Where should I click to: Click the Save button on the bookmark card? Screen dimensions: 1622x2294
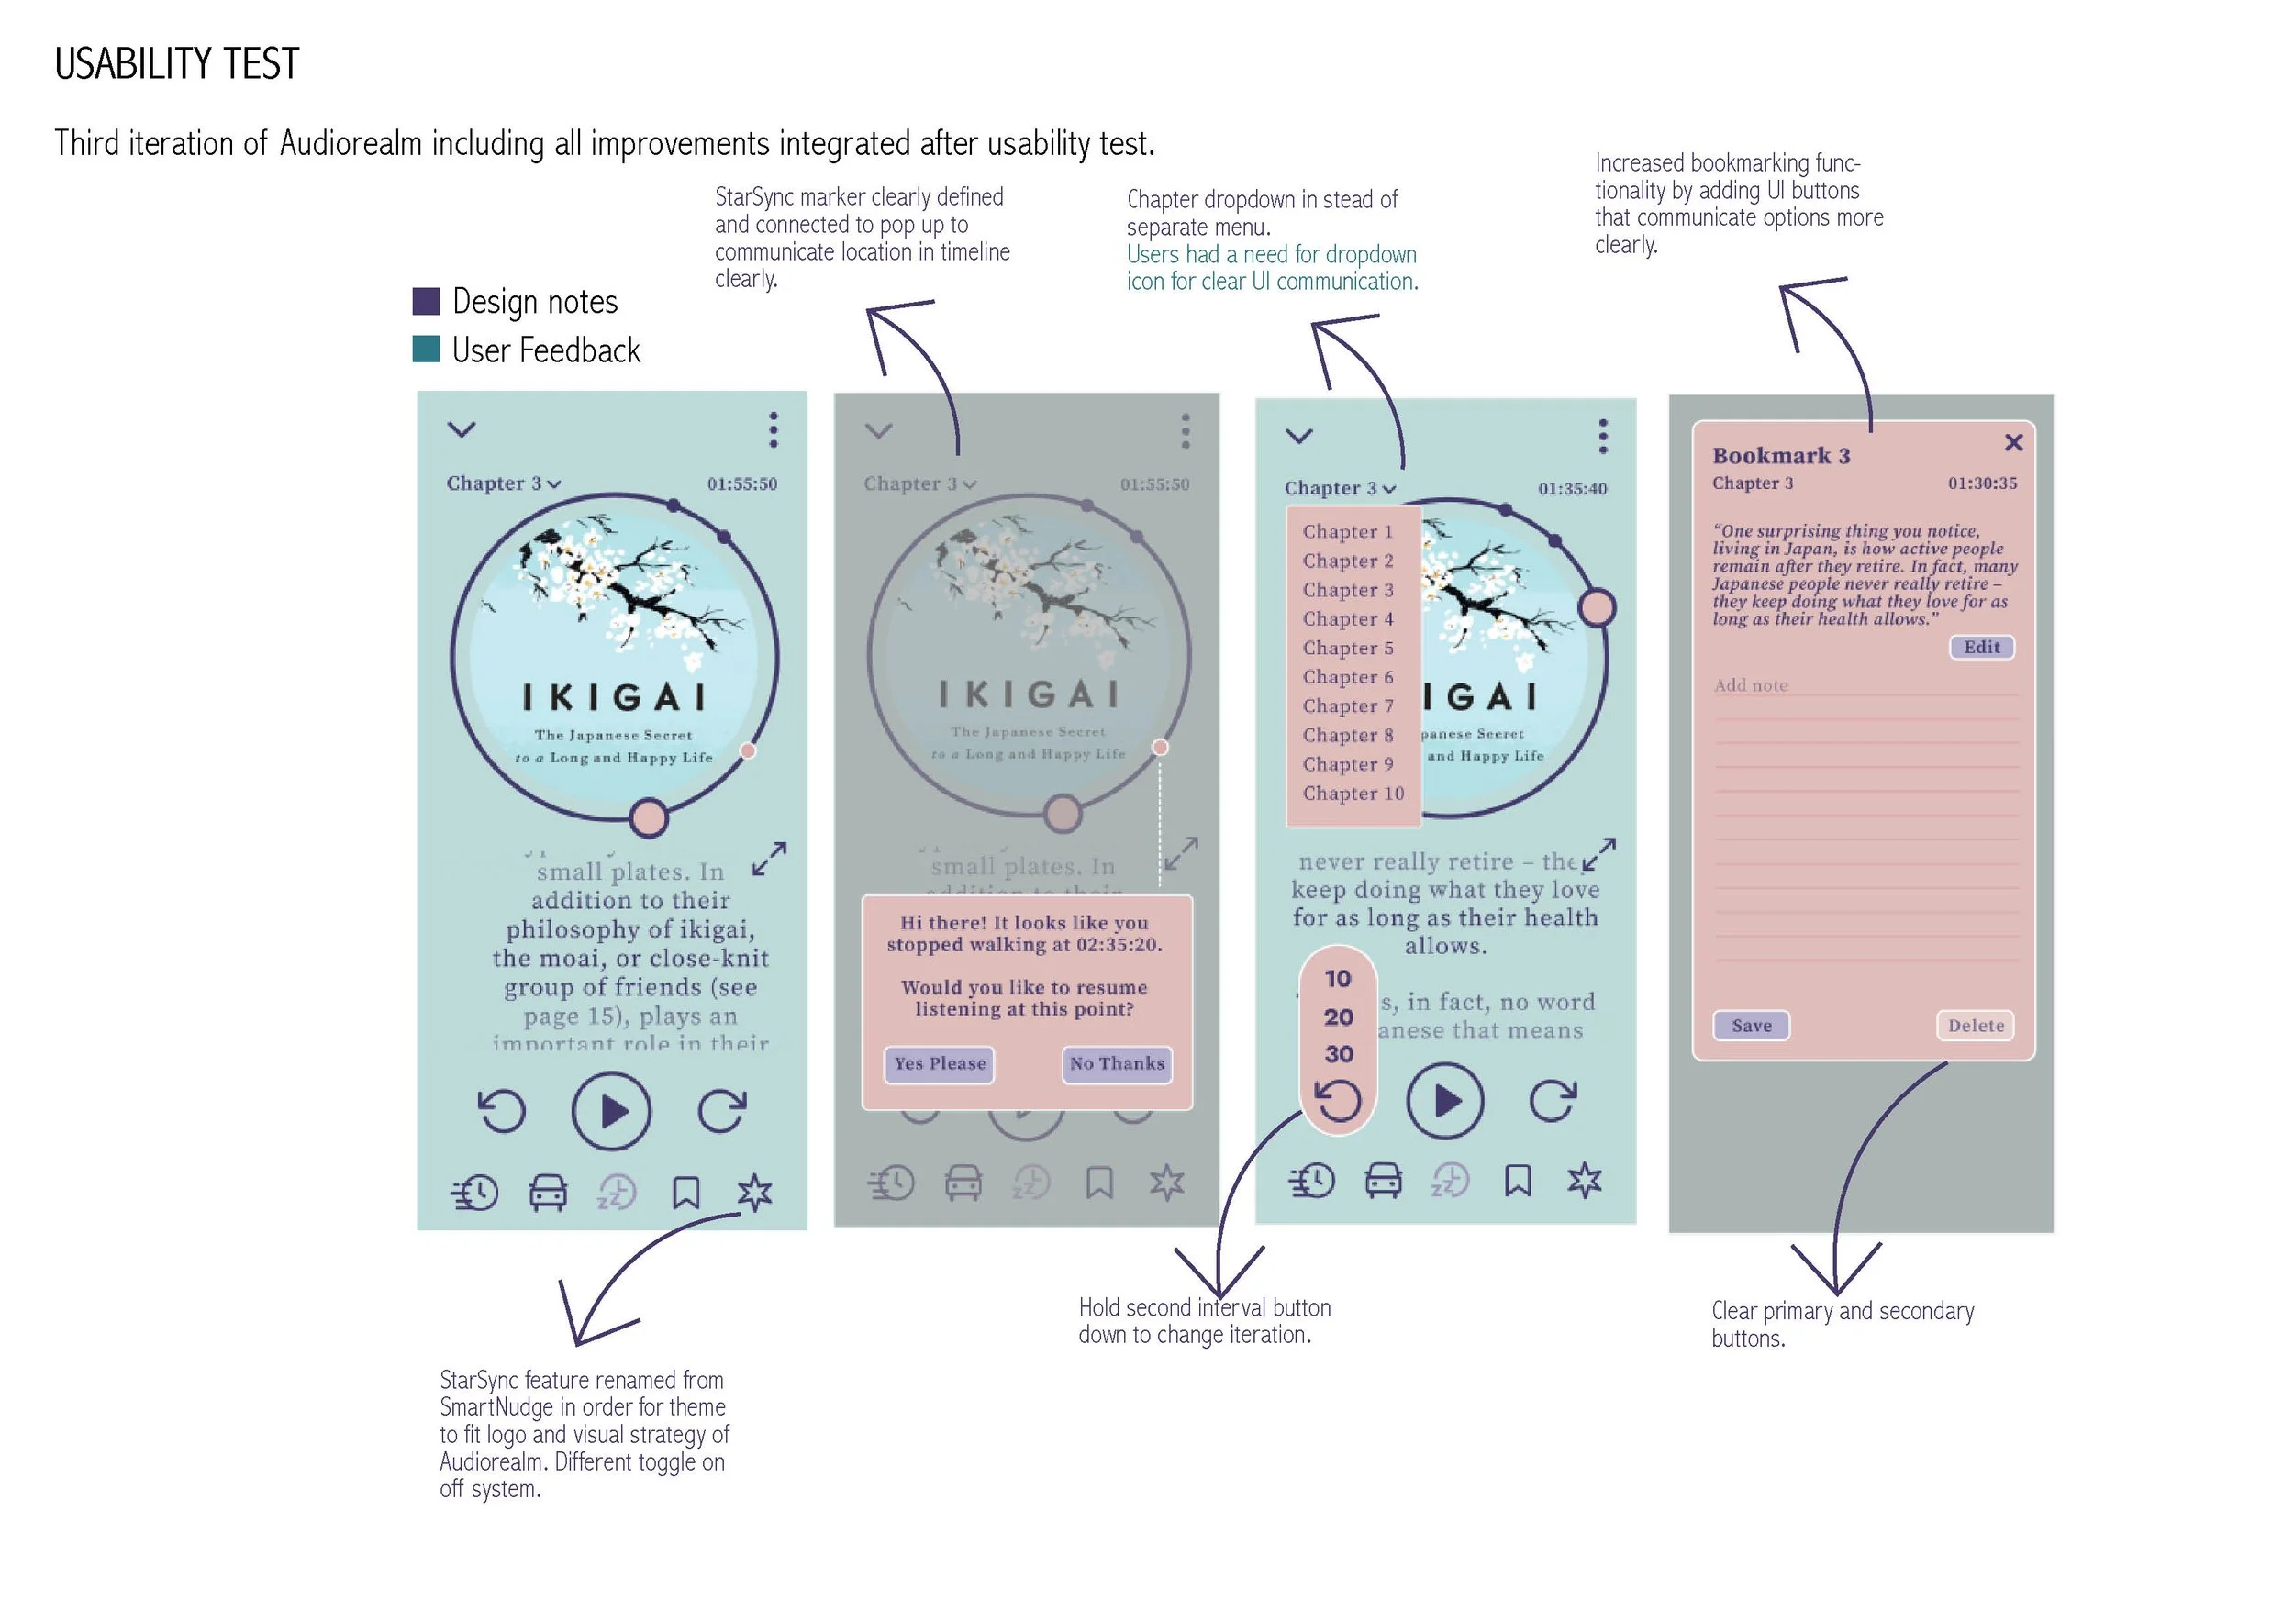point(1751,1026)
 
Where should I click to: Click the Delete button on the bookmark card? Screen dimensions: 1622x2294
point(1975,1026)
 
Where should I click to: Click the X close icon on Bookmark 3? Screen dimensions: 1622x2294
point(2013,442)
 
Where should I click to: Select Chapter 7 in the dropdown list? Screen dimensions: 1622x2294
point(1347,706)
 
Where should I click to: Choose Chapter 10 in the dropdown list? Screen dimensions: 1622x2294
point(1353,794)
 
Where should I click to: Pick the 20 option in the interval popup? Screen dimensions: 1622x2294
point(1338,1017)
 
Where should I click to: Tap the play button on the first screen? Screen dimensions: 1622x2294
point(611,1111)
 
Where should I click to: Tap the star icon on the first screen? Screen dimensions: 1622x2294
point(754,1193)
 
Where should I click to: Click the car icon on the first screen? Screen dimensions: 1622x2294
point(548,1193)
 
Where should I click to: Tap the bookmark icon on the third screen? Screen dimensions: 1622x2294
point(1517,1181)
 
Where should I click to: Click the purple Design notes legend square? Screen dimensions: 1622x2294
point(427,302)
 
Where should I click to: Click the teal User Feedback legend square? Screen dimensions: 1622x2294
point(427,350)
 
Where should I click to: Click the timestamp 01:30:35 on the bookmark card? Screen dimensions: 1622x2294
point(1981,483)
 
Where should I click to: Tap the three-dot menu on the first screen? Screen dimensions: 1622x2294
point(773,429)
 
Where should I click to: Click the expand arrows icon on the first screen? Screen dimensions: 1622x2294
point(768,858)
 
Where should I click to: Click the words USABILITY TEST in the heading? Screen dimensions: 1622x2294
point(177,64)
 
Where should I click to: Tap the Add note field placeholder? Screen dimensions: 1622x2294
point(1751,685)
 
